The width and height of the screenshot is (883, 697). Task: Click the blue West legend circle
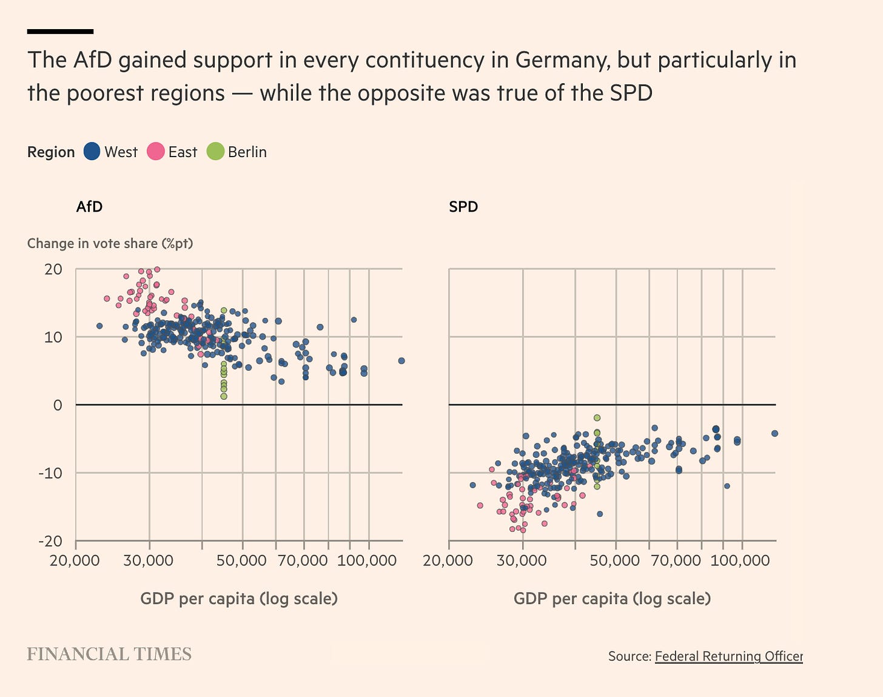click(92, 152)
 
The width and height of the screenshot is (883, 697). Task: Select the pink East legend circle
click(156, 152)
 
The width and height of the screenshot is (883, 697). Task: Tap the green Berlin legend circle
click(215, 152)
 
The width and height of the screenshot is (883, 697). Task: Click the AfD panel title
click(89, 207)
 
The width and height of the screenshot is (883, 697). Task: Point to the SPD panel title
click(463, 207)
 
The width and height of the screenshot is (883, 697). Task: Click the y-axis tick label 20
click(53, 269)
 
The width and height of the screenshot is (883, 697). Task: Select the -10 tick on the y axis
click(50, 473)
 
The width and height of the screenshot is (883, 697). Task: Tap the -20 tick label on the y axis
click(50, 541)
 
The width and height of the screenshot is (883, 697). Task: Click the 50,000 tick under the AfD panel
click(241, 561)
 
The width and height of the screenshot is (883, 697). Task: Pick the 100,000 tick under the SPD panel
click(740, 561)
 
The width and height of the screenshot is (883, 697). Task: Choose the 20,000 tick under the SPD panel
click(448, 561)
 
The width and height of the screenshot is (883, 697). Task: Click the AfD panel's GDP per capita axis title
click(239, 599)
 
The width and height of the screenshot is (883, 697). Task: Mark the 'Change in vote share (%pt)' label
click(110, 243)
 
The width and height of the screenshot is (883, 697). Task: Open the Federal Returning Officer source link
click(728, 656)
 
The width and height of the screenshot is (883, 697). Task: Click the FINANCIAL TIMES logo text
click(109, 654)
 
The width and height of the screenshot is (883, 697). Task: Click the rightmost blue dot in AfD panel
click(401, 361)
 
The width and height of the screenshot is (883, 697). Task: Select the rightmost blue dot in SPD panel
click(774, 433)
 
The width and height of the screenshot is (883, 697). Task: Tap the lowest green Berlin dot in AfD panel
click(224, 396)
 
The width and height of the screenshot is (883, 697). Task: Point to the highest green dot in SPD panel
click(597, 418)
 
